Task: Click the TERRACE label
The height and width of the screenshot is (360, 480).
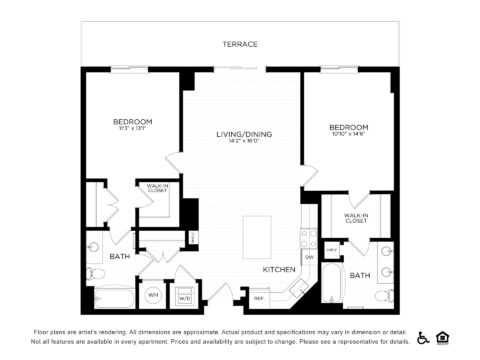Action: (x=241, y=44)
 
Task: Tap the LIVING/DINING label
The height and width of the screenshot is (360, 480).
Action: (x=244, y=134)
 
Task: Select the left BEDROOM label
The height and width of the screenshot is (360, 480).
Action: (x=131, y=121)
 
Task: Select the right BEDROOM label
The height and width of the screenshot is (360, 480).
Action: (x=349, y=128)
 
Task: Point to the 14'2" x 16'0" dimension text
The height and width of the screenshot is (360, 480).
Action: (x=244, y=141)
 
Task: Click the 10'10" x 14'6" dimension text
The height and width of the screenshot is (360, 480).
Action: (x=349, y=136)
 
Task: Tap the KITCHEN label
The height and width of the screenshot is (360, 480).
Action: (x=278, y=269)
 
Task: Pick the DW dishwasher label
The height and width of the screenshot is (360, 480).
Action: (x=309, y=257)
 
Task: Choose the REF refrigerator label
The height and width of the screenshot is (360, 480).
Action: (x=259, y=297)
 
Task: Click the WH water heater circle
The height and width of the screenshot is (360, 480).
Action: (x=154, y=295)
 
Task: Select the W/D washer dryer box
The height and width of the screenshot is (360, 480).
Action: (x=184, y=297)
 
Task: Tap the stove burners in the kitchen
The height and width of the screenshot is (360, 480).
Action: (x=306, y=238)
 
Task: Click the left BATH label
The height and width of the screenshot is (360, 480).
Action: (x=120, y=257)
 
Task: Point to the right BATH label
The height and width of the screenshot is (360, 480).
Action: (x=360, y=275)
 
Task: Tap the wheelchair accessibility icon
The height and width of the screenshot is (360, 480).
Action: (x=423, y=336)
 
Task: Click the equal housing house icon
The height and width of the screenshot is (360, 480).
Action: (x=443, y=336)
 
